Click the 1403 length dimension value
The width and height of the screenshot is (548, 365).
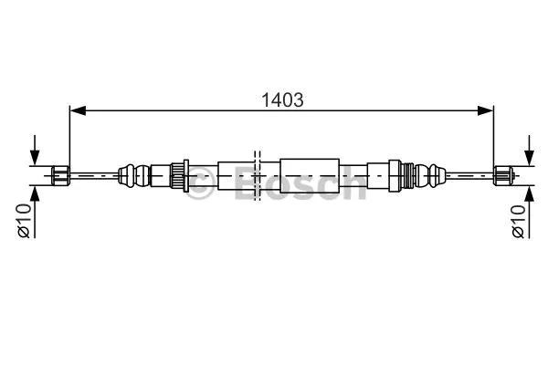(282, 99)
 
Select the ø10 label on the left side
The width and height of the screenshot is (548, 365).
(25, 220)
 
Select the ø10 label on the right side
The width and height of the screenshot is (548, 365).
(519, 220)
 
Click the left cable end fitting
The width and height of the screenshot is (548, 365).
(60, 174)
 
